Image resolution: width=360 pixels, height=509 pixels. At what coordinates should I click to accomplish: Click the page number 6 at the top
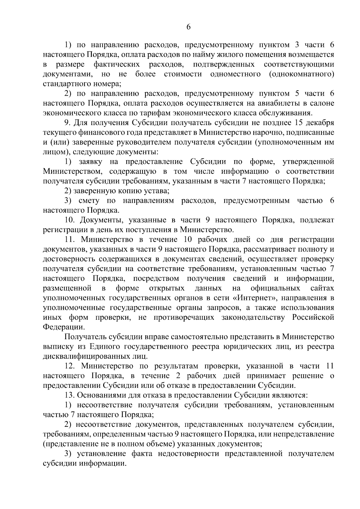(188, 27)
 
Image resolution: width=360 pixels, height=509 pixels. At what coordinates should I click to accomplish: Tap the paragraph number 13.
(70, 395)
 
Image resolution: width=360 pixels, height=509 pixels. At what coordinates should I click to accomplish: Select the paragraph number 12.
(70, 366)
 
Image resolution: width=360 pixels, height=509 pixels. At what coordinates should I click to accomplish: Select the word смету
(88, 201)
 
